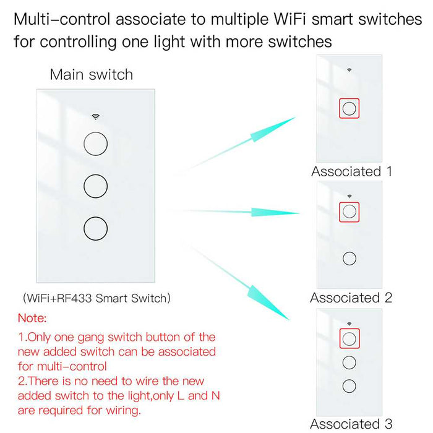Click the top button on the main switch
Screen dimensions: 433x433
click(x=96, y=143)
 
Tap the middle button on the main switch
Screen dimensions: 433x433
click(x=96, y=185)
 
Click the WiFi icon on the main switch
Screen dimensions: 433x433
click(x=96, y=116)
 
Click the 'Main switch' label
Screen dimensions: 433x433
click(x=92, y=75)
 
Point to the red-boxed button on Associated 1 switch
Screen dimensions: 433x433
click(x=349, y=109)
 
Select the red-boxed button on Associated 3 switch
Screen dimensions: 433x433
click(x=349, y=338)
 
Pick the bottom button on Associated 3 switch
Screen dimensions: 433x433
click(x=349, y=385)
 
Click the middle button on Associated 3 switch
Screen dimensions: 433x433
click(x=349, y=362)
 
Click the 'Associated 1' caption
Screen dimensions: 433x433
click(x=351, y=171)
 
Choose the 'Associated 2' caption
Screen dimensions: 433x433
click(x=351, y=298)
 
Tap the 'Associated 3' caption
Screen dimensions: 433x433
click(x=351, y=424)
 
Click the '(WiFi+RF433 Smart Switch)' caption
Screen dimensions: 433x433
click(x=96, y=298)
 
